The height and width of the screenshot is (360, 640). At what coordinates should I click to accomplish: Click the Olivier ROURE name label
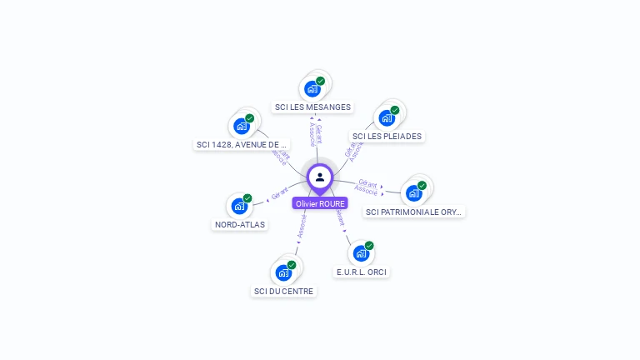tap(320, 203)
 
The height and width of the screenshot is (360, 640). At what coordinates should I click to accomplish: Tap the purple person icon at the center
tap(320, 177)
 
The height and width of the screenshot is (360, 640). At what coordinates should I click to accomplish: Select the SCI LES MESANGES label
tap(312, 107)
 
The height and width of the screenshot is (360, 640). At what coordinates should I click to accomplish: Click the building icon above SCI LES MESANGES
tap(312, 88)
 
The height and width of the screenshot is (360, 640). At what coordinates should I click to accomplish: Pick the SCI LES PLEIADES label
tap(387, 136)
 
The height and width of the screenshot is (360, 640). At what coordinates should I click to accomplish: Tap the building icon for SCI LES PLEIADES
tap(387, 117)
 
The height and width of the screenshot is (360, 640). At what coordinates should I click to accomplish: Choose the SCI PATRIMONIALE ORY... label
tap(414, 212)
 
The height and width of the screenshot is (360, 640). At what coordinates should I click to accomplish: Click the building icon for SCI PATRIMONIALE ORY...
tap(414, 193)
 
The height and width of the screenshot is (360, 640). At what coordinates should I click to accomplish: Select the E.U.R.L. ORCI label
tap(362, 272)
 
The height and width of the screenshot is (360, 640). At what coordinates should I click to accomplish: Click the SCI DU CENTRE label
tap(283, 291)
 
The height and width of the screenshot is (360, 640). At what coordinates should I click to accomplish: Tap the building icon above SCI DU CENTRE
tap(283, 272)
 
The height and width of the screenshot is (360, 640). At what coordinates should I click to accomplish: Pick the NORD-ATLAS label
tap(239, 224)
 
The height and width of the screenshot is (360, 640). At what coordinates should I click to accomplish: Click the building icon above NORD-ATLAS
tap(239, 206)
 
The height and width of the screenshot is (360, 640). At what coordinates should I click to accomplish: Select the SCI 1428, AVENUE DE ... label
tap(242, 144)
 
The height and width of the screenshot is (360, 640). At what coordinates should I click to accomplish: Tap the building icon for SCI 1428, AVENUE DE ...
tap(242, 126)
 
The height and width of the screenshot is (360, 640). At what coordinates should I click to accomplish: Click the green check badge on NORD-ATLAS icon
tap(247, 198)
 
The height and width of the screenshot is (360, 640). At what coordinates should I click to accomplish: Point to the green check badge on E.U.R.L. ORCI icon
tap(369, 246)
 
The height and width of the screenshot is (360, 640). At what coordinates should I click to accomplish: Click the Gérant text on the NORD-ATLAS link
tap(280, 195)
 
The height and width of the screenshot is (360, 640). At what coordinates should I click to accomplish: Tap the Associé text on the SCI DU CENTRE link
tap(302, 225)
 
